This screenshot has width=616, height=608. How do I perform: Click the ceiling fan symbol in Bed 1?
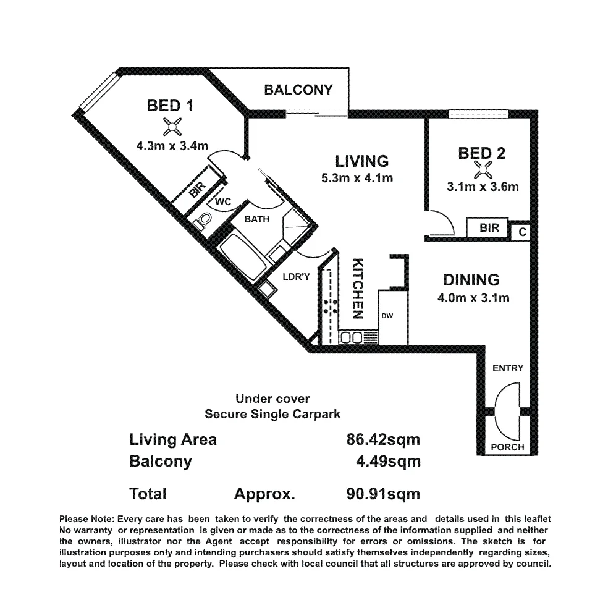(x=171, y=127)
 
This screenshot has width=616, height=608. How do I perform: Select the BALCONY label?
(x=298, y=90)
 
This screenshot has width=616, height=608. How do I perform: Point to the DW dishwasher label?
(x=387, y=316)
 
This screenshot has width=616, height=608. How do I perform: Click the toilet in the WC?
(x=203, y=221)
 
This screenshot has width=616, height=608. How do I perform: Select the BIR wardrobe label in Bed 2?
(x=489, y=228)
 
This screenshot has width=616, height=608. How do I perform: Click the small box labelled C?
(x=522, y=232)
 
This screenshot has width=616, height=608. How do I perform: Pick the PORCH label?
(x=507, y=447)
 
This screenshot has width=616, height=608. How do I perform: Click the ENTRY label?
(x=508, y=368)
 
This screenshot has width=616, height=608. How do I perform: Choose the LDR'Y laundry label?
(x=296, y=277)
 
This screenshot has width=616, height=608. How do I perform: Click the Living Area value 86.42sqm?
(x=383, y=440)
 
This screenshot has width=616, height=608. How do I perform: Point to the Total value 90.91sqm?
(x=383, y=494)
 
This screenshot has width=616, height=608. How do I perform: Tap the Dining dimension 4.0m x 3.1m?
(x=472, y=298)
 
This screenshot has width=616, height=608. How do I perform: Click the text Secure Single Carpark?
(x=272, y=414)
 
